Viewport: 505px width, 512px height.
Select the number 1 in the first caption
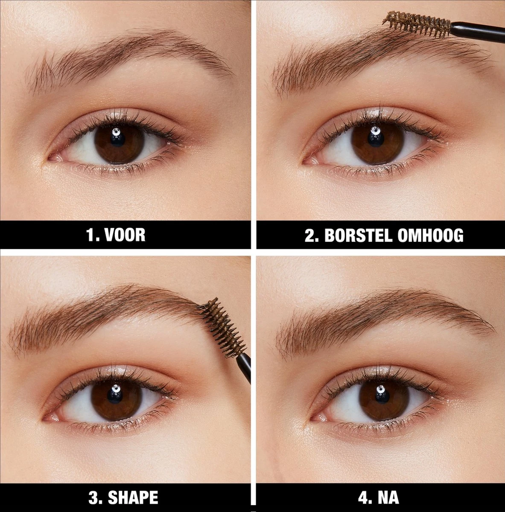click(x=90, y=235)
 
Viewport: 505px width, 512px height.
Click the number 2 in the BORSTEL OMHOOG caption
click(x=309, y=235)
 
